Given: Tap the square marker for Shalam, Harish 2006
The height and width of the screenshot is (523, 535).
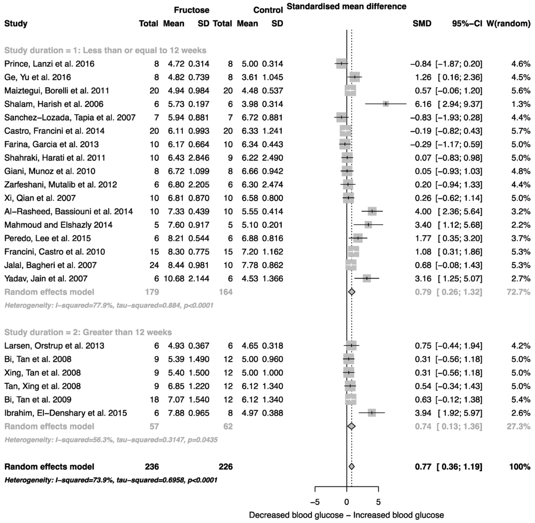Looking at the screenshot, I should (386, 104).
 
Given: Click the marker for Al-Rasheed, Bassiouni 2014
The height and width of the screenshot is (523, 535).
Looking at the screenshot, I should (372, 211).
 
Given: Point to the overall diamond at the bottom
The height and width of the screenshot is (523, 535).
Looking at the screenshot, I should (352, 466).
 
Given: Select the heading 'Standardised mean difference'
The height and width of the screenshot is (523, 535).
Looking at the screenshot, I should (346, 7).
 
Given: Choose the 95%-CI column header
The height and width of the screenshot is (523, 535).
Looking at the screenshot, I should (467, 23).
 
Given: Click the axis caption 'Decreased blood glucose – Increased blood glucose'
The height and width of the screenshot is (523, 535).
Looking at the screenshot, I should (346, 515).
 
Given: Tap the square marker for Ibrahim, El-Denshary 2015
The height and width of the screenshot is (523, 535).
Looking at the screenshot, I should (372, 412).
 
